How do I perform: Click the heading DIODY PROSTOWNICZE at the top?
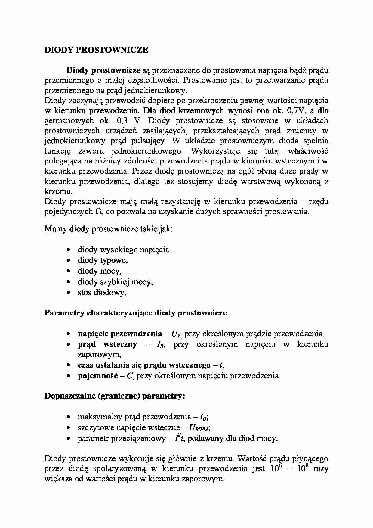point(96,50)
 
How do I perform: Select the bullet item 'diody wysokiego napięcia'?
point(124,250)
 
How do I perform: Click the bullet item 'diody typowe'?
point(103,260)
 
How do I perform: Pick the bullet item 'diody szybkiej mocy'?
point(115,282)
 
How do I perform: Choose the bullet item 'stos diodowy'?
point(102,293)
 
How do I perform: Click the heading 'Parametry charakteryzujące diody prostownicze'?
point(135,313)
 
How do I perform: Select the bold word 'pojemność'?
point(98,376)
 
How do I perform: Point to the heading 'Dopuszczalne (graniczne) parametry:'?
point(115,396)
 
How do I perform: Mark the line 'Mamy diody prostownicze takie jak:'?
point(109,229)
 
